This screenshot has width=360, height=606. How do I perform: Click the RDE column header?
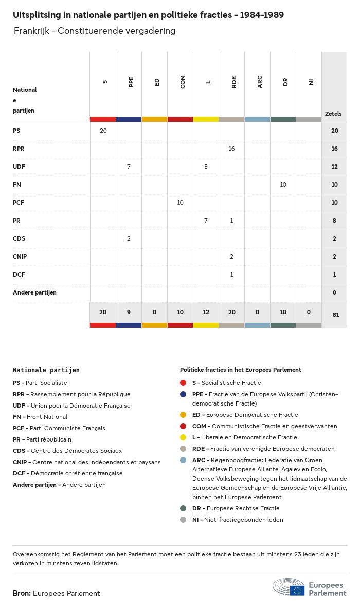point(234,82)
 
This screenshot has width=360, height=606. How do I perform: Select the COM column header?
point(183,82)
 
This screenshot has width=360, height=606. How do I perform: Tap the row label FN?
point(16,185)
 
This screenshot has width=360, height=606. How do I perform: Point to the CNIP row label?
point(20,256)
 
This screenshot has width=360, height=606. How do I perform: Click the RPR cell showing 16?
point(231,149)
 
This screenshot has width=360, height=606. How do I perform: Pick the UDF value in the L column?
point(206,167)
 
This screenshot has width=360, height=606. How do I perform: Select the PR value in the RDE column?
point(231,221)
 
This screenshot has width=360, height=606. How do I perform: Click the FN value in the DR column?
point(283,185)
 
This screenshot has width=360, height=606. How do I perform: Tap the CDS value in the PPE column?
point(129,238)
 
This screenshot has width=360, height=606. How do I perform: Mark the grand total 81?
point(336,315)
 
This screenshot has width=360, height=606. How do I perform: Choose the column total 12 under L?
point(206,312)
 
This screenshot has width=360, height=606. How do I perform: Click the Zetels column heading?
point(333,114)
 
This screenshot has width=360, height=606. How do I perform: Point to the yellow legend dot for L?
point(183,437)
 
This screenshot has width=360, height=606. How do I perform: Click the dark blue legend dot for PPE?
point(183,394)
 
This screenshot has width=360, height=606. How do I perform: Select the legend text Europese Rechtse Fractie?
point(243,508)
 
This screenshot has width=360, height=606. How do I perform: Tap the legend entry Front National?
point(40,417)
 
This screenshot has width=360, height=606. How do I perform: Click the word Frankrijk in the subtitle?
point(31,31)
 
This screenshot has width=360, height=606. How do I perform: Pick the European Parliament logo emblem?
point(289,587)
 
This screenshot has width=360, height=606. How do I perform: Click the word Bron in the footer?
point(22,593)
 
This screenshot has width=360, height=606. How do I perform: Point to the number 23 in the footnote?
point(297,554)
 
